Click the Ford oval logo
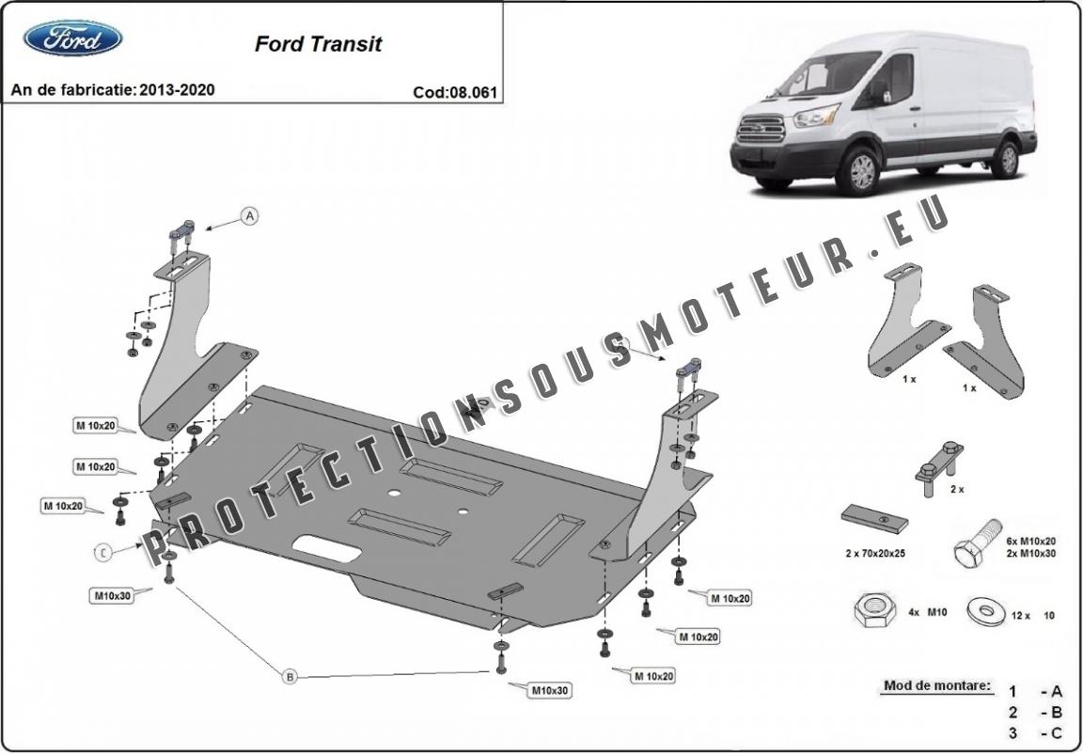72,38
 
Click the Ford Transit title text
318,44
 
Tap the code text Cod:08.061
454,92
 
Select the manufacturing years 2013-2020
176,90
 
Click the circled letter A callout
249,216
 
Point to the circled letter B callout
290,675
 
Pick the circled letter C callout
103,552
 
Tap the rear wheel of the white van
1007,158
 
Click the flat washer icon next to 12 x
989,613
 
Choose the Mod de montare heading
936,685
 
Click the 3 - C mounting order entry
1035,732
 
